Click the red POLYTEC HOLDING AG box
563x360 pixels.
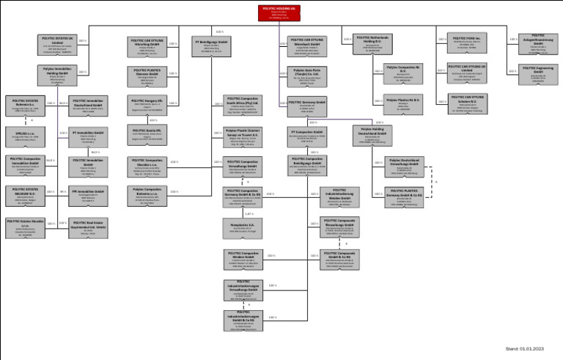click(x=279, y=12)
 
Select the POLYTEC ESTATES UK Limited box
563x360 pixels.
click(x=56, y=44)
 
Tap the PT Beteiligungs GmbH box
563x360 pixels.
click(x=212, y=45)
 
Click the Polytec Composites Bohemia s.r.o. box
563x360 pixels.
click(x=148, y=195)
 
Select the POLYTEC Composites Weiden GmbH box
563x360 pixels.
click(x=243, y=258)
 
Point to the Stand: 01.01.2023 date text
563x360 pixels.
click(x=525, y=348)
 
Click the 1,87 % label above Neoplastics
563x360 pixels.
click(x=249, y=213)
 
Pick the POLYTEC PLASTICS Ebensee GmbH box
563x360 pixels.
click(x=148, y=76)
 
